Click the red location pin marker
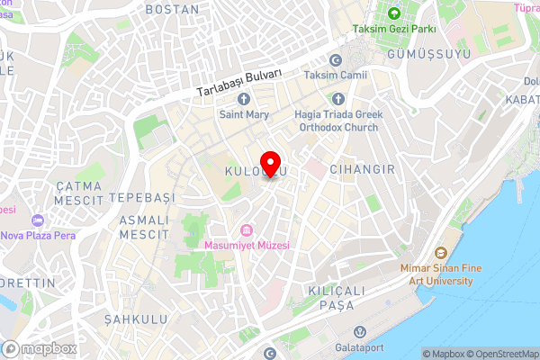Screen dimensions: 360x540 tap(269, 166)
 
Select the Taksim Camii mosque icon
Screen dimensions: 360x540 tap(336, 60)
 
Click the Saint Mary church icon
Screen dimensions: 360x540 tap(242, 99)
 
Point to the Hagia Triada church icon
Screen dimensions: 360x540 tap(338, 99)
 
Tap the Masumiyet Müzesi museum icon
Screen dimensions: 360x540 tap(247, 229)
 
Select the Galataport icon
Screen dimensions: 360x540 tap(359, 332)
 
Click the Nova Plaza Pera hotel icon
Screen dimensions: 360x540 tap(37, 220)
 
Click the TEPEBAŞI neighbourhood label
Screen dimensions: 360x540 tap(139, 196)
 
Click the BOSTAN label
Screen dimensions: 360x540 tap(171, 9)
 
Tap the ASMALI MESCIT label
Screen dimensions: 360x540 tap(143, 227)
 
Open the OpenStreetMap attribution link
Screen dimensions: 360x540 tap(500, 354)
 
